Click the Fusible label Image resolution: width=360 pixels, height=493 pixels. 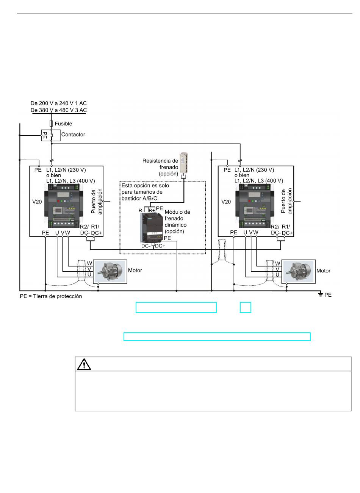[63, 124]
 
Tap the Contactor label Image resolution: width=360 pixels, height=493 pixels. [73, 134]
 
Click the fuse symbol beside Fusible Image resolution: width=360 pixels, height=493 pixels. [51, 124]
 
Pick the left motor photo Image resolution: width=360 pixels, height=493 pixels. [110, 272]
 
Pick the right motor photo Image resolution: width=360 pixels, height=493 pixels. [298, 272]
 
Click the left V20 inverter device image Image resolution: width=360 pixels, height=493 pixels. [64, 206]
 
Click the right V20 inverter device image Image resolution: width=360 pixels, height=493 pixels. [255, 206]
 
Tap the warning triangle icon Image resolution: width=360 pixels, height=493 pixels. [84, 364]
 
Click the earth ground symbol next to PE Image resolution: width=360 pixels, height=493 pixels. [321, 294]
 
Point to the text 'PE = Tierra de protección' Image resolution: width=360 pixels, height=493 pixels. [51, 296]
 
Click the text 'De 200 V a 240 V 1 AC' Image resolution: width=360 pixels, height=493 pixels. [58, 103]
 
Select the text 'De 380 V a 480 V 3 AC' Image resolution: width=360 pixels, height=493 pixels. [58, 110]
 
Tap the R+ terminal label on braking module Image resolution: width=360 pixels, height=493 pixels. [152, 210]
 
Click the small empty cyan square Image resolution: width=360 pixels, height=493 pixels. [245, 307]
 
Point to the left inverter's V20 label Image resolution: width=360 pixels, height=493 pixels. [37, 202]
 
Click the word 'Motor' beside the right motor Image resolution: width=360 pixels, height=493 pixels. [323, 271]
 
